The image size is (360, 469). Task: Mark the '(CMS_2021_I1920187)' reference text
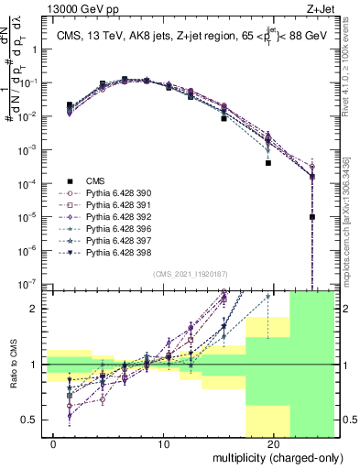pyautogui.click(x=189, y=273)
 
